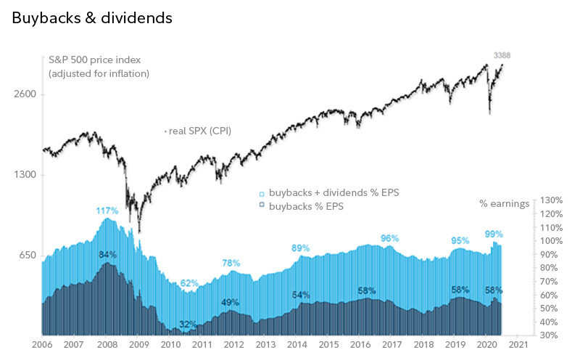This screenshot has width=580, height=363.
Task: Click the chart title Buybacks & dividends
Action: tap(92, 17)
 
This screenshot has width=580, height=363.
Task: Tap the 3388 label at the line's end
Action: tap(502, 55)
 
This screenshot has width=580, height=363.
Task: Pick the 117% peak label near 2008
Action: tap(107, 211)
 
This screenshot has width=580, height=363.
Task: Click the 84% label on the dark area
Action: tap(107, 255)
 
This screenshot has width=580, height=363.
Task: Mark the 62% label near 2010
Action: tap(189, 282)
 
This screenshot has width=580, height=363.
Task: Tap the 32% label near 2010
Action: tap(187, 324)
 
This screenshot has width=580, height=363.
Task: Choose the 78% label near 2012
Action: tap(231, 263)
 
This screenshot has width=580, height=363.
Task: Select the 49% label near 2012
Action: tap(231, 302)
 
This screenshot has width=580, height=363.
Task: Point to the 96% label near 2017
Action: tap(390, 238)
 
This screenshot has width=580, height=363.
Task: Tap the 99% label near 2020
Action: tap(494, 234)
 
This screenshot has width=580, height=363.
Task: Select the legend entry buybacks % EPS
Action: tap(306, 206)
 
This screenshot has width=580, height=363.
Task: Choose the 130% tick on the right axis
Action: tap(552, 200)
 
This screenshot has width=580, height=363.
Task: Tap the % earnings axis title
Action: tap(504, 203)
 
